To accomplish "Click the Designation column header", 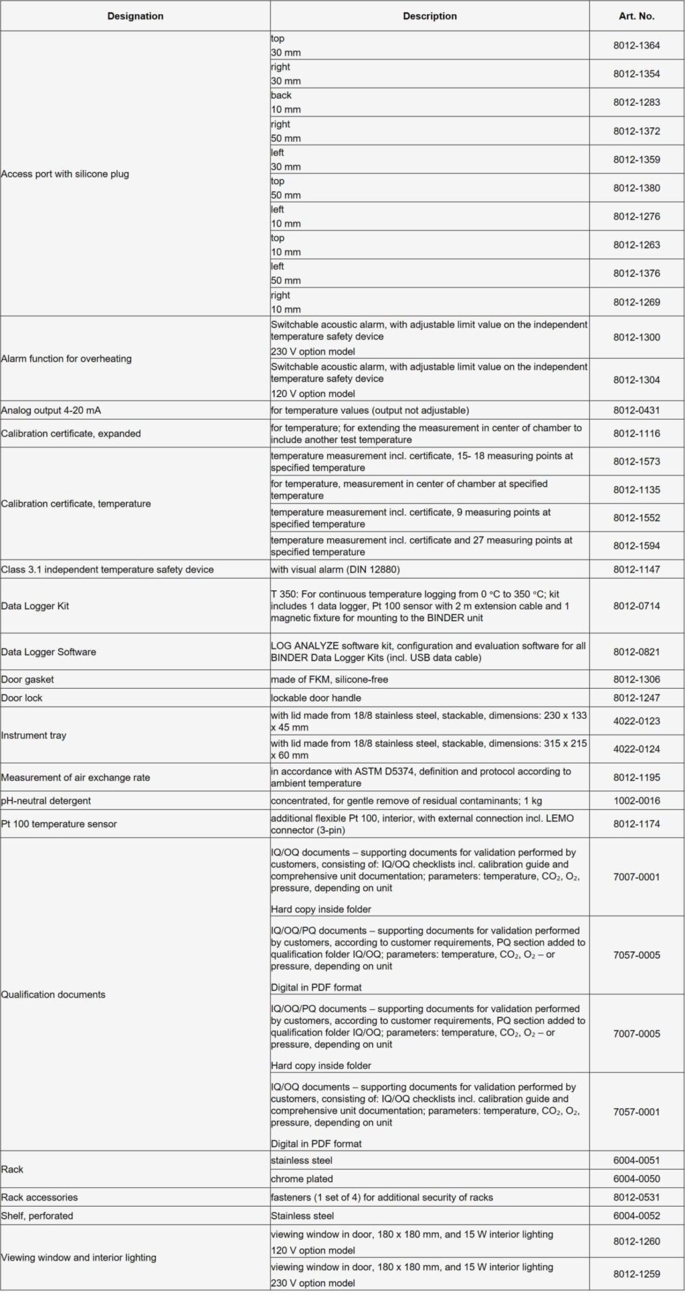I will click(x=135, y=16).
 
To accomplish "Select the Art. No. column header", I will click(x=636, y=16).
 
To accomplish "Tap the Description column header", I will click(x=429, y=16).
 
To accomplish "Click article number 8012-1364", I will click(x=636, y=46).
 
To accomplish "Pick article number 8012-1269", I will click(x=636, y=302).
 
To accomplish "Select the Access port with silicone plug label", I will click(x=65, y=174).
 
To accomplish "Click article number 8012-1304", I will click(x=636, y=380).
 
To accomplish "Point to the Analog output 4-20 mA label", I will click(x=51, y=410).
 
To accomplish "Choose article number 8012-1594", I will click(x=636, y=546).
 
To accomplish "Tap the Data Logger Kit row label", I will click(x=35, y=606).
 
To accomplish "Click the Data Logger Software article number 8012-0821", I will click(x=636, y=652).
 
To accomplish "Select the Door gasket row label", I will click(x=28, y=679).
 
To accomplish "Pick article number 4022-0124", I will click(x=636, y=749).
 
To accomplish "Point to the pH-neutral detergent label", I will click(x=46, y=801).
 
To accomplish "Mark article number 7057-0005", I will click(x=636, y=955).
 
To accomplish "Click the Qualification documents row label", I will click(x=53, y=994).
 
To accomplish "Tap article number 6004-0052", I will click(x=636, y=1215).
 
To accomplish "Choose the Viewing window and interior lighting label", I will click(x=78, y=1257).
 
